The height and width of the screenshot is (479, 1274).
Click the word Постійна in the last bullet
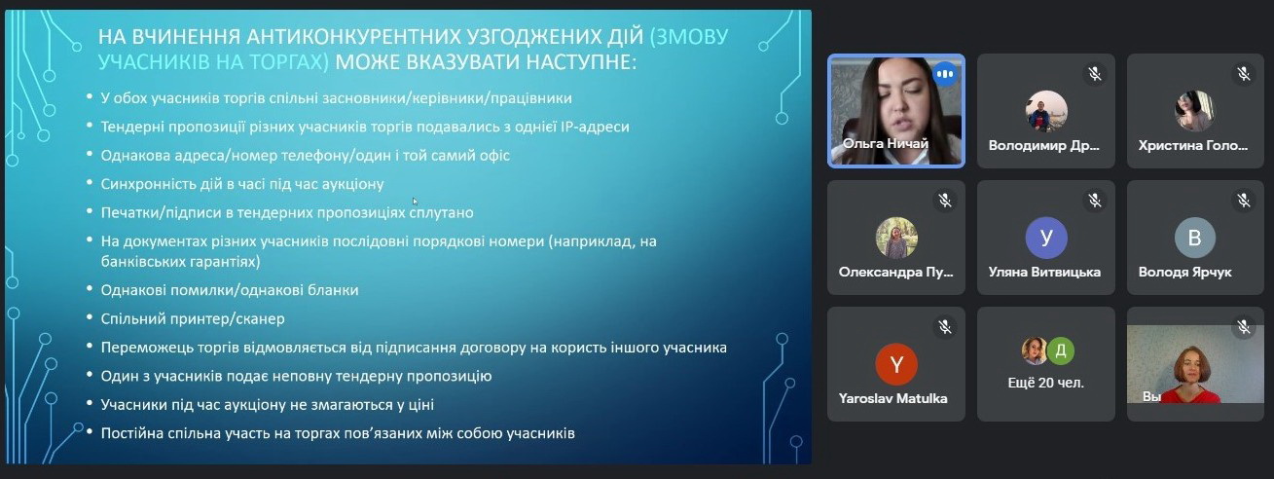click(x=132, y=432)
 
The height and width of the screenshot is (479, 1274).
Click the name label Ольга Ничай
click(x=886, y=144)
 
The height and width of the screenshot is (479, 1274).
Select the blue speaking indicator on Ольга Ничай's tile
click(x=944, y=74)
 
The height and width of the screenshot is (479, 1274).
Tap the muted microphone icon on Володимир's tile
click(x=1094, y=74)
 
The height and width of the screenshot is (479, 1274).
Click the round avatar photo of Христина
click(x=1193, y=111)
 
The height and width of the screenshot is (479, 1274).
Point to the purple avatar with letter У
click(x=1046, y=238)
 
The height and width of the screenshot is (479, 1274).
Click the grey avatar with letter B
click(x=1194, y=238)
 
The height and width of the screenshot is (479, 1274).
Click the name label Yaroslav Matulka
click(x=893, y=398)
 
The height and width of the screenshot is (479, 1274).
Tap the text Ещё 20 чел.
click(x=1046, y=383)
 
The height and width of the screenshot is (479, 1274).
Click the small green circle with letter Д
click(x=1060, y=350)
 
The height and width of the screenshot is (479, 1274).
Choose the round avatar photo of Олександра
click(x=896, y=238)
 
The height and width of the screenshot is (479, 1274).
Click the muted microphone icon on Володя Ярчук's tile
click(x=1244, y=201)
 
